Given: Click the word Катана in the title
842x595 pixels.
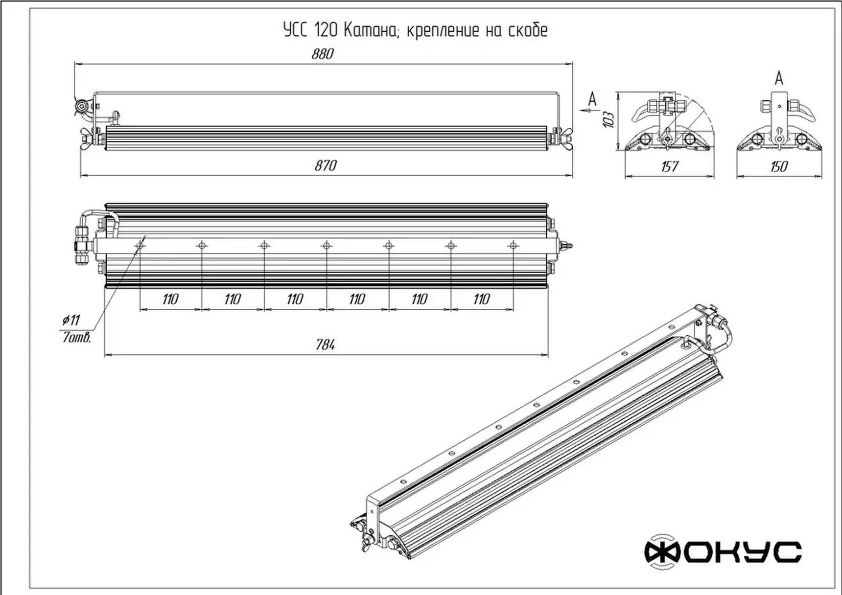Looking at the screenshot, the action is click(x=371, y=30).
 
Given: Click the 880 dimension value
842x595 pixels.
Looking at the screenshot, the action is click(x=323, y=53).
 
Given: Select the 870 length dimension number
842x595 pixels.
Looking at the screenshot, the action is click(x=326, y=165).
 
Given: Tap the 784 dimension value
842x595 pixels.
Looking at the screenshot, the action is click(x=326, y=345).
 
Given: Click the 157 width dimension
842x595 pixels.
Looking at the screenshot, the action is click(x=669, y=166).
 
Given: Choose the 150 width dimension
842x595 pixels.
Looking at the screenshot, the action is click(x=779, y=166).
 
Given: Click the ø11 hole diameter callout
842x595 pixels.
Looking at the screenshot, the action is click(x=71, y=320).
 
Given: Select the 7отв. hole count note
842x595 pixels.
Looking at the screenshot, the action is click(x=77, y=338).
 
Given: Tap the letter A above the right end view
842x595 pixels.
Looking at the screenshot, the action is click(x=779, y=78).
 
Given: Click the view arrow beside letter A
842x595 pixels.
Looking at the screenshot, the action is click(x=585, y=111).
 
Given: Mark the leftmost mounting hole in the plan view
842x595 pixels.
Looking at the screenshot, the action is click(x=140, y=245).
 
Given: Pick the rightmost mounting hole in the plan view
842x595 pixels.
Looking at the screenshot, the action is click(x=513, y=245).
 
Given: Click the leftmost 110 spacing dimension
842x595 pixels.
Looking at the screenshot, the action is click(x=170, y=299).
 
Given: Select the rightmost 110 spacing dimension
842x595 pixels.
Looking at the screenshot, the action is click(x=482, y=299).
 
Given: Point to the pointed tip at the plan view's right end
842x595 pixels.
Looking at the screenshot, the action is click(x=571, y=245).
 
